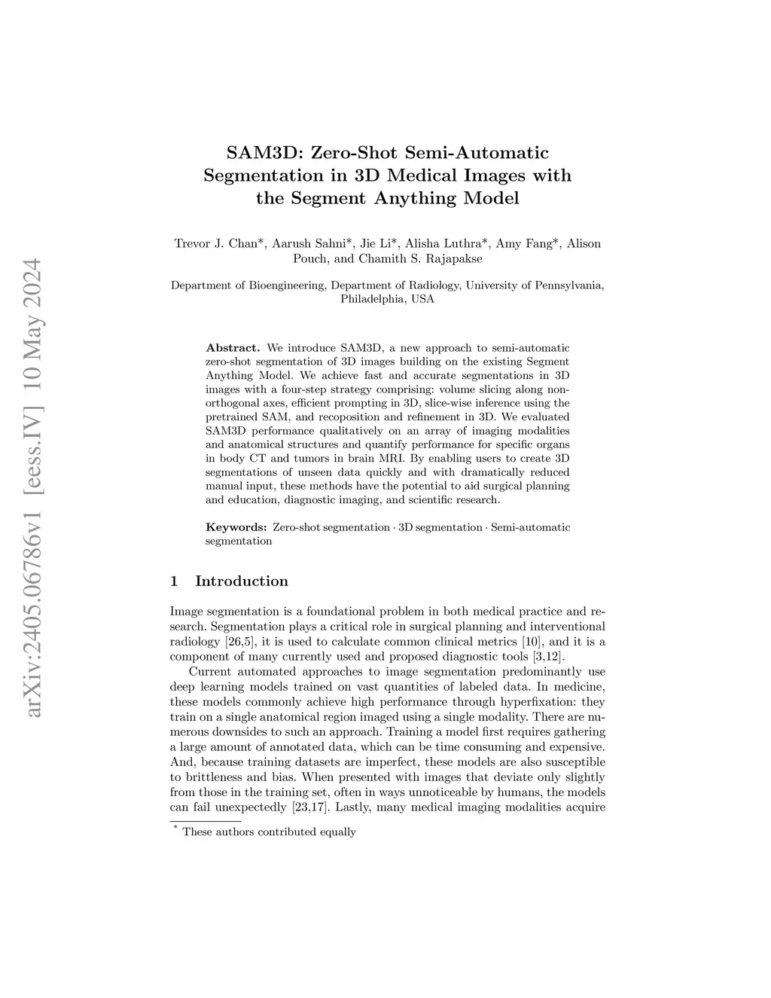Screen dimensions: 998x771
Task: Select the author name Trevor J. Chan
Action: point(215,243)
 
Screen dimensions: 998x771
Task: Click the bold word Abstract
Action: point(233,348)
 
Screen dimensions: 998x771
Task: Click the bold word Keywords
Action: point(236,527)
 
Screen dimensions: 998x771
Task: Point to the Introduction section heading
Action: point(241,581)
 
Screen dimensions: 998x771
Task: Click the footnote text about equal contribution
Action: point(269,832)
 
